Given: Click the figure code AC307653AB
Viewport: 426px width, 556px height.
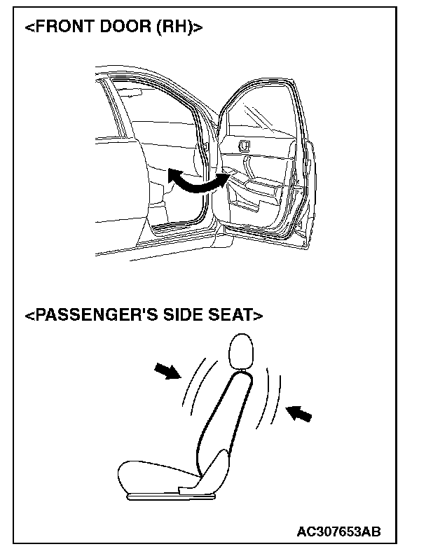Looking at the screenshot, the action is coord(339,531).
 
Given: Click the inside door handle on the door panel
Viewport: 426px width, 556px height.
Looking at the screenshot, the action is coord(243,146).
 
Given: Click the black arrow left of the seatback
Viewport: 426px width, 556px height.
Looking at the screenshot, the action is coord(166,373).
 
